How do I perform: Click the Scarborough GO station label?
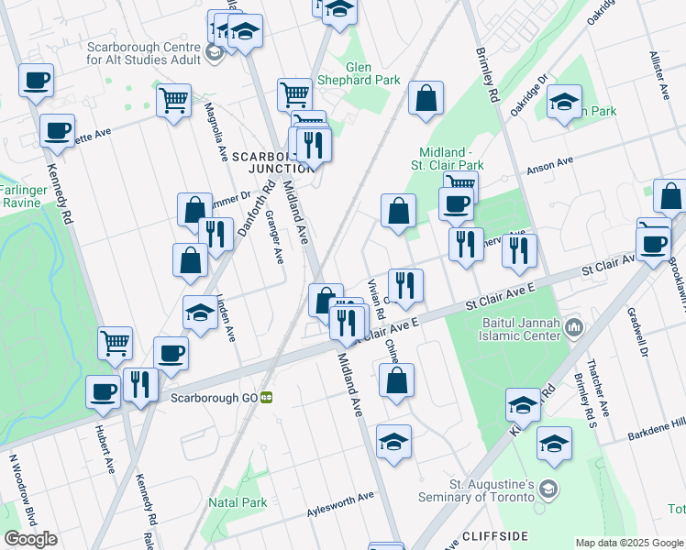(208, 397)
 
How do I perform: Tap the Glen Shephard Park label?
(371, 73)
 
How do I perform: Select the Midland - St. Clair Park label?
(450, 158)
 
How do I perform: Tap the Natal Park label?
(238, 502)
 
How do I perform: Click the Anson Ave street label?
(548, 166)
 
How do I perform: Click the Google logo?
(30, 538)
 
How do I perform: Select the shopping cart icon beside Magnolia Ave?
(173, 100)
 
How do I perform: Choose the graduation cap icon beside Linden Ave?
(200, 313)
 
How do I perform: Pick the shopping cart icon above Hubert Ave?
(116, 344)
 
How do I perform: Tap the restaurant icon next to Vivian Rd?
(404, 285)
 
